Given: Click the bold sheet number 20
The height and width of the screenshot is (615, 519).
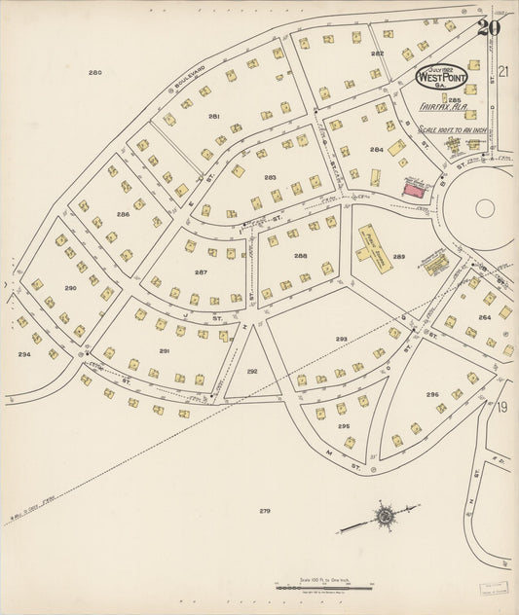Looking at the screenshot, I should click(488, 27).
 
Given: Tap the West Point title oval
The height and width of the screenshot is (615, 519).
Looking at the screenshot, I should click(441, 75).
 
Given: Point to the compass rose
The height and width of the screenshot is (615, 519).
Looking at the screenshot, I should click(386, 514).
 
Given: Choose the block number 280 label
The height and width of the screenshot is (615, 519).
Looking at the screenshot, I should click(94, 73).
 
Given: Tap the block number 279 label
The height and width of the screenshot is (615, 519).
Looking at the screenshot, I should click(264, 510).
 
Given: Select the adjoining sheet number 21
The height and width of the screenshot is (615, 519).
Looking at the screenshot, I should click(503, 71).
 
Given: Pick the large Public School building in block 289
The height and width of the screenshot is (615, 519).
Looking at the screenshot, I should click(375, 243).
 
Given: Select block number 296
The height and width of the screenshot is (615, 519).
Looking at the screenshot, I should click(431, 394).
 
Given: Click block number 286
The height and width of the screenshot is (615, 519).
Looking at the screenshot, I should click(123, 213).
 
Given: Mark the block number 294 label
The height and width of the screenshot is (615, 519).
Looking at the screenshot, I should click(23, 354).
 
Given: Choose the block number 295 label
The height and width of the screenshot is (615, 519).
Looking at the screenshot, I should click(344, 425).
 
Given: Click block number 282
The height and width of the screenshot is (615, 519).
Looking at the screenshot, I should click(377, 54).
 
